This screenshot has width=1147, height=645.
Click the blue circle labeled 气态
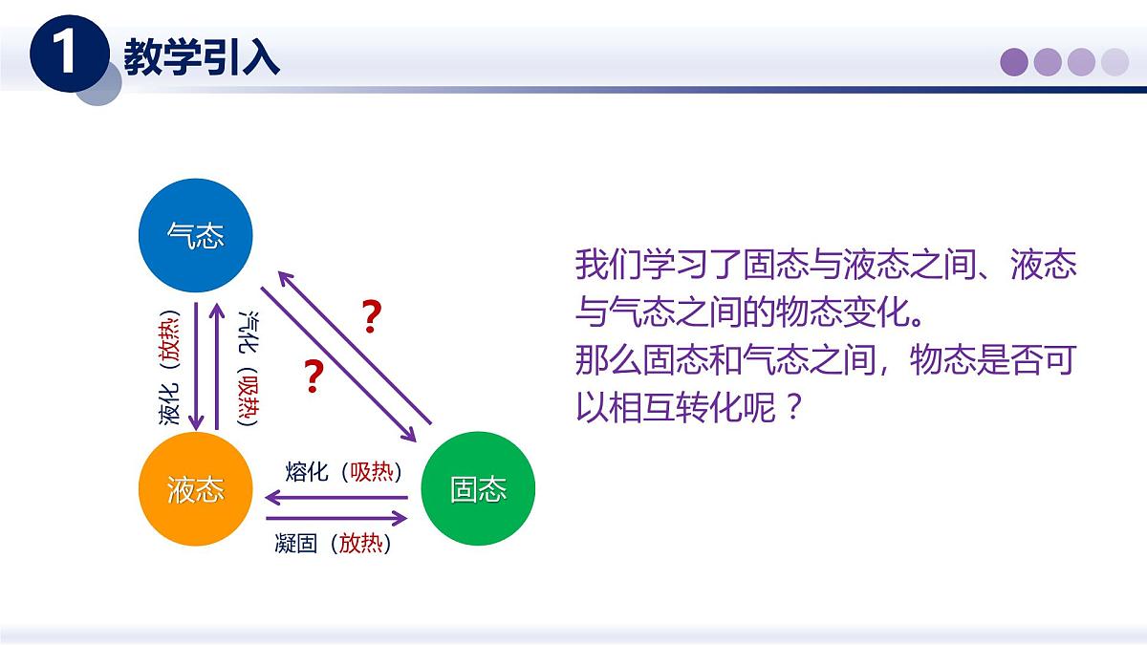[x=196, y=236]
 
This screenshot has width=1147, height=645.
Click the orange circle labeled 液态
[x=196, y=489]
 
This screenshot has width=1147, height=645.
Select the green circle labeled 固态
[x=478, y=489]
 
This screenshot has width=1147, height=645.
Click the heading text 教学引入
[x=202, y=58]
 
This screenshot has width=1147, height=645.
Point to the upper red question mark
[x=372, y=316]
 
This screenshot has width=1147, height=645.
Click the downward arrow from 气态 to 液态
[x=196, y=367]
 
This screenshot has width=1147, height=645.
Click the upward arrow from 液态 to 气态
[x=218, y=367]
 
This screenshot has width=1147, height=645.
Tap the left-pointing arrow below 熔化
[x=335, y=497]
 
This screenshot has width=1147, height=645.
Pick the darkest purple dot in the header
[x=1014, y=62]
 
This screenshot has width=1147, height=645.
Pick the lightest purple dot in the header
[x=1115, y=62]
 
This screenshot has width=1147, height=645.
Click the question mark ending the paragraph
[x=790, y=410]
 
